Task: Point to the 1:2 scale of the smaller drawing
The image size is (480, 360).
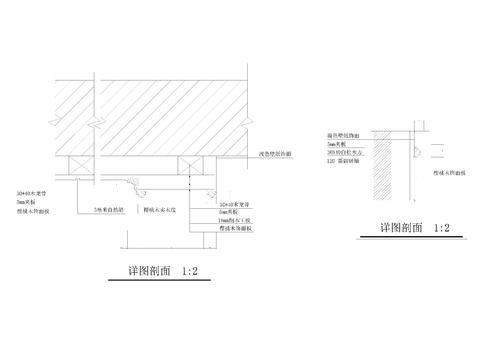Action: tap(441, 228)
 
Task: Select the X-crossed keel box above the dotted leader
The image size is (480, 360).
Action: tap(190, 164)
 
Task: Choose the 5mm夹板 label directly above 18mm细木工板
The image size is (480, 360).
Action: tap(229, 211)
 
